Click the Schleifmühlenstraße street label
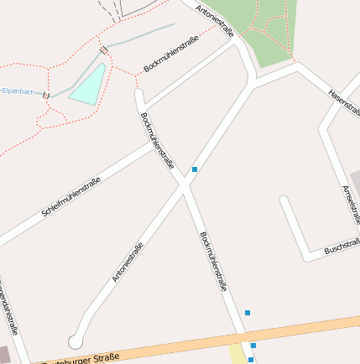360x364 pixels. [x=71, y=198]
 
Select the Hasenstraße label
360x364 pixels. [x=344, y=104]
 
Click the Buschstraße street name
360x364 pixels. [x=342, y=245]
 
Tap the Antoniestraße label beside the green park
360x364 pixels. [x=214, y=21]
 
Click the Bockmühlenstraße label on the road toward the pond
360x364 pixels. [x=171, y=54]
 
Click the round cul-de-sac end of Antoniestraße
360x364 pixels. [x=76, y=341]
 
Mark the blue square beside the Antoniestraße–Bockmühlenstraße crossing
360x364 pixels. [x=195, y=169]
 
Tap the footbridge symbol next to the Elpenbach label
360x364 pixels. [x=47, y=94]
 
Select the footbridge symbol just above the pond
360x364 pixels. [x=104, y=51]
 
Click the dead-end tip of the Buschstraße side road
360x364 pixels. [x=284, y=201]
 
